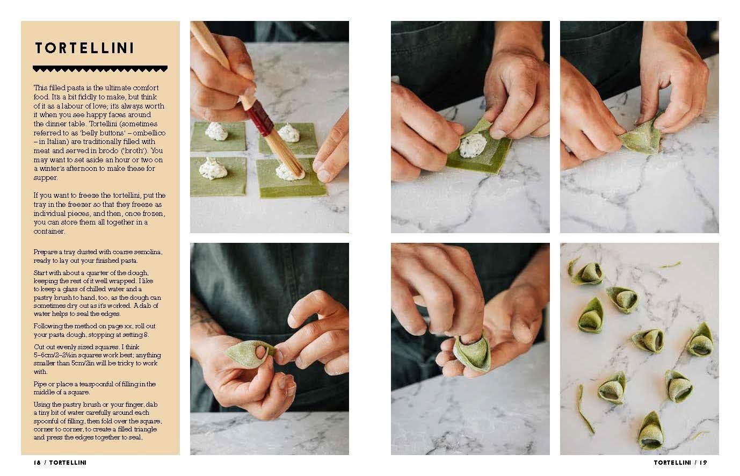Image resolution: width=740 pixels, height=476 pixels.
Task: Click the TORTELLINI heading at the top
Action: tap(84, 48)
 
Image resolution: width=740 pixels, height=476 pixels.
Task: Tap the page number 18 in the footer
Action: tap(37, 463)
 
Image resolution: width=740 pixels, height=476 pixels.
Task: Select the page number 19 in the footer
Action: tap(703, 463)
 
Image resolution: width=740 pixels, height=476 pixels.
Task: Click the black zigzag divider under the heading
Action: tap(100, 69)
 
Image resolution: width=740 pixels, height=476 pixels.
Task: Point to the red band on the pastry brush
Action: tap(260, 118)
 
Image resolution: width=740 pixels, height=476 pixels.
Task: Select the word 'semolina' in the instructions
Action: tap(148, 252)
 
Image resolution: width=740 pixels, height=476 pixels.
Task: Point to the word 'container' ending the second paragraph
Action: tap(49, 232)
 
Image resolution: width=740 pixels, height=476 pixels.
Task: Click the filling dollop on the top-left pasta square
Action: tap(216, 131)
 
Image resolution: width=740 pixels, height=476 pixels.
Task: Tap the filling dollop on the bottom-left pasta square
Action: tap(213, 168)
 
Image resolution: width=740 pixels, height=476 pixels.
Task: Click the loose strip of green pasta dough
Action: tap(585, 409)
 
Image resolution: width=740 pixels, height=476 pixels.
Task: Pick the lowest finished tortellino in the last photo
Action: tap(651, 431)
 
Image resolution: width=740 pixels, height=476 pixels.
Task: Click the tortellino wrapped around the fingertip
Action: tap(471, 353)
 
